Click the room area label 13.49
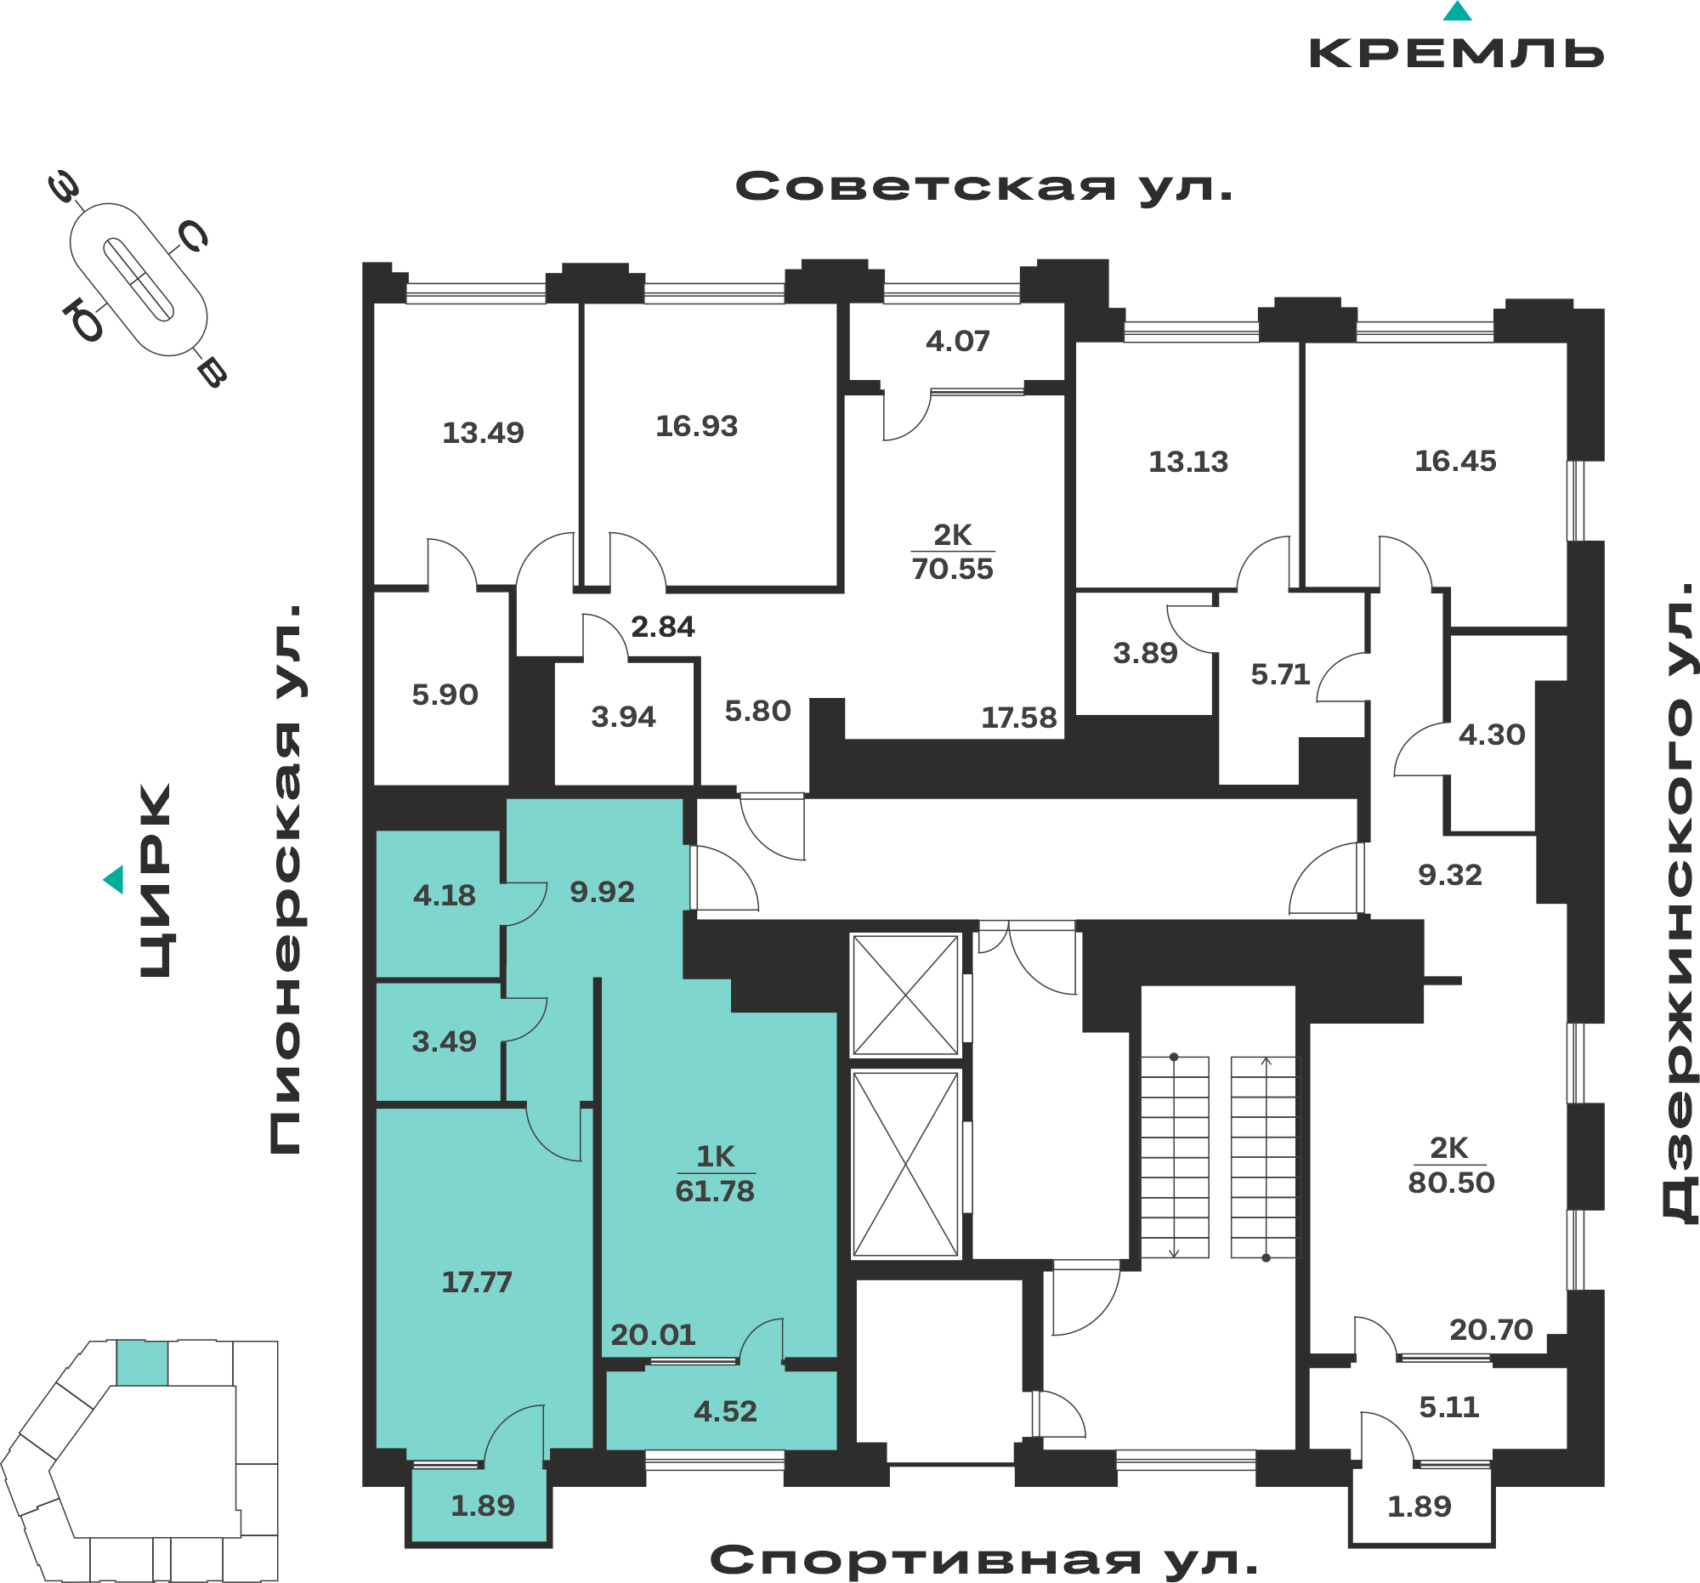tap(482, 433)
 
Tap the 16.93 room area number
tap(696, 426)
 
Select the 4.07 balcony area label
tap(957, 341)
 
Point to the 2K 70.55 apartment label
tap(952, 552)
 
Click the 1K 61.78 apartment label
tap(715, 1173)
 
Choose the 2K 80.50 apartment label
tap(1450, 1165)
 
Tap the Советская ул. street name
tap(984, 186)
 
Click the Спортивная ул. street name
tap(984, 1560)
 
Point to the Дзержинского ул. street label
tap(1677, 903)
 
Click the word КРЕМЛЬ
tap(1456, 53)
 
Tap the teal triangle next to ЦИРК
tap(113, 879)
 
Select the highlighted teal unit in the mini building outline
tap(142, 1363)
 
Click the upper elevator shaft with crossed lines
tap(904, 995)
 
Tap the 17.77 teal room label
tap(476, 1282)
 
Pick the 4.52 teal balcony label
tap(725, 1411)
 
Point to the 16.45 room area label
tap(1455, 461)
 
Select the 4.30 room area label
tap(1492, 735)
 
